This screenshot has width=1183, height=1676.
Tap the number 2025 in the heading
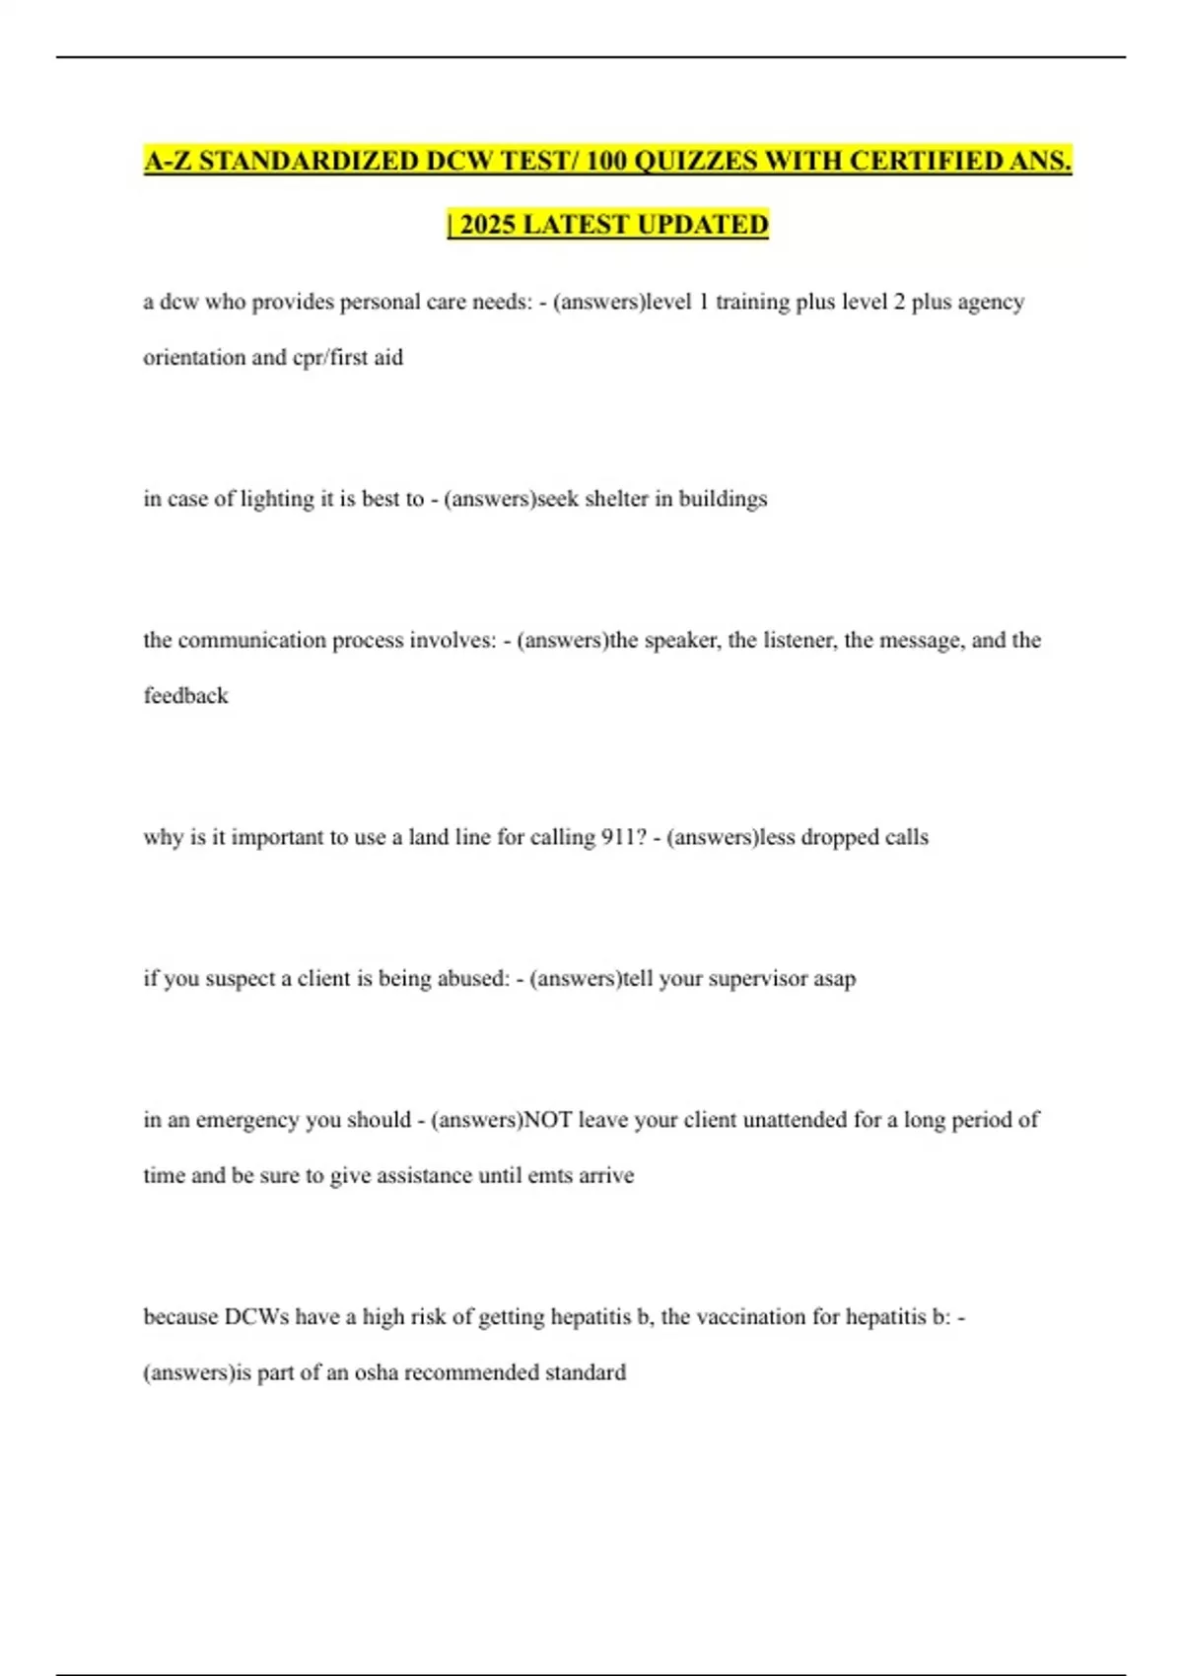(x=488, y=225)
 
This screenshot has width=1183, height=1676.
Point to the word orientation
(x=192, y=357)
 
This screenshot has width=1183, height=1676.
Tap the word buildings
(x=723, y=499)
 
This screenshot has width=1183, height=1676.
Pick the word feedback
(x=185, y=696)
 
